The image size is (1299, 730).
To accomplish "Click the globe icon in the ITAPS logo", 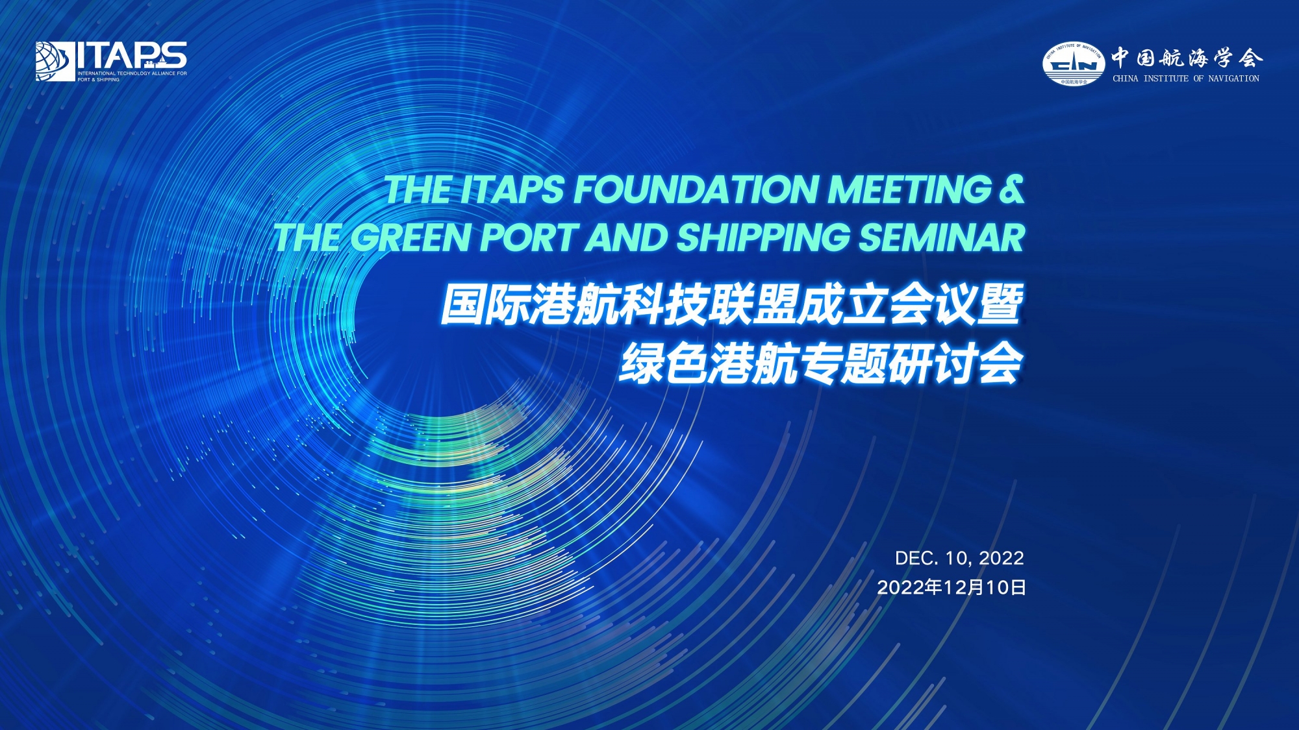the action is click(55, 62).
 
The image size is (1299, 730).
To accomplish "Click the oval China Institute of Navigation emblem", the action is click(1074, 64).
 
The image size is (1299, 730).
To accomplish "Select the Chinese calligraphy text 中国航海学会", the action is click(1187, 58).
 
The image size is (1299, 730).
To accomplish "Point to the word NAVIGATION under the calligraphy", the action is click(1233, 79).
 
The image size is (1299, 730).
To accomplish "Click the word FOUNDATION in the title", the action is click(696, 189).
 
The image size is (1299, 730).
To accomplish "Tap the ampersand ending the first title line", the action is click(1011, 189).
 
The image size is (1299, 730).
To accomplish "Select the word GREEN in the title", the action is click(410, 237).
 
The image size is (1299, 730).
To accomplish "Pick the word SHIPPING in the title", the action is click(763, 237).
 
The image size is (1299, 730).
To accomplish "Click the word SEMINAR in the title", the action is click(942, 237).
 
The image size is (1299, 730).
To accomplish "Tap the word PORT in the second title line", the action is click(528, 237).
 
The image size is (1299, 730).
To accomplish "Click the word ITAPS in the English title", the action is click(512, 189).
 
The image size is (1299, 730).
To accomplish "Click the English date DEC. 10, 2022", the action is click(959, 558).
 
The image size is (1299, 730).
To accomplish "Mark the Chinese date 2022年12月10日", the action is click(952, 587).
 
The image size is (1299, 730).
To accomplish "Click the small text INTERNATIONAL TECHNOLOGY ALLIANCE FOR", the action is click(132, 73).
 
